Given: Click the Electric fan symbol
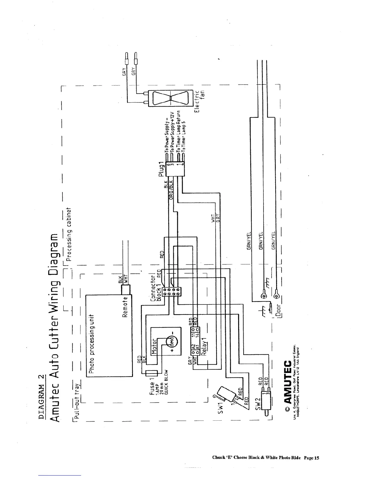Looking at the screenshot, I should point(170,98).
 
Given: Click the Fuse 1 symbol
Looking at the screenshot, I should point(151,374).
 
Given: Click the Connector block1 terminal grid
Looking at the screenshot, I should point(172,292).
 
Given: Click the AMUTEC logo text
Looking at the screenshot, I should point(288,381).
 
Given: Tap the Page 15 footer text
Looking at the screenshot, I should point(311,457).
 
